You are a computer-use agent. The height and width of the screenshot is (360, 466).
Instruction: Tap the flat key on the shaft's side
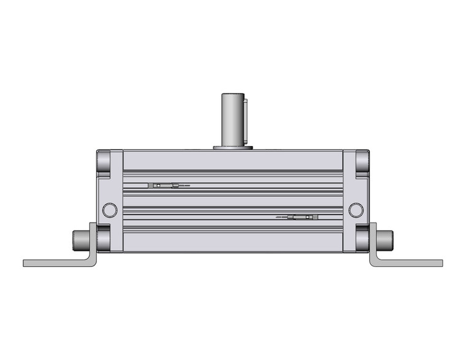pyautogui.click(x=245, y=117)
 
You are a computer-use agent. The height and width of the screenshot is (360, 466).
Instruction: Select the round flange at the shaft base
pyautogui.click(x=232, y=147)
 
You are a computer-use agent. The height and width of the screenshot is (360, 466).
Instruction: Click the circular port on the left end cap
pyautogui.click(x=109, y=209)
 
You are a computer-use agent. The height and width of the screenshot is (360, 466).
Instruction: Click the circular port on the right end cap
pyautogui.click(x=356, y=209)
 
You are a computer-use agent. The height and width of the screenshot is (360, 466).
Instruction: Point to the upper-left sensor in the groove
pyautogui.click(x=163, y=185)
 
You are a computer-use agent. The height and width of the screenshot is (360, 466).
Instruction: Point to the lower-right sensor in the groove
pyautogui.click(x=304, y=217)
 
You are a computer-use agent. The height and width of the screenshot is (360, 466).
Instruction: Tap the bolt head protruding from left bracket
pyautogui.click(x=80, y=237)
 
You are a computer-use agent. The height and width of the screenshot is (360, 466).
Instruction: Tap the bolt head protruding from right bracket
pyautogui.click(x=385, y=237)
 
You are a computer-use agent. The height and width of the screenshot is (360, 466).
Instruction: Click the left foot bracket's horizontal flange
pyautogui.click(x=55, y=262)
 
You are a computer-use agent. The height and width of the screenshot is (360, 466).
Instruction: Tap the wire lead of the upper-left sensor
pyautogui.click(x=185, y=185)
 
